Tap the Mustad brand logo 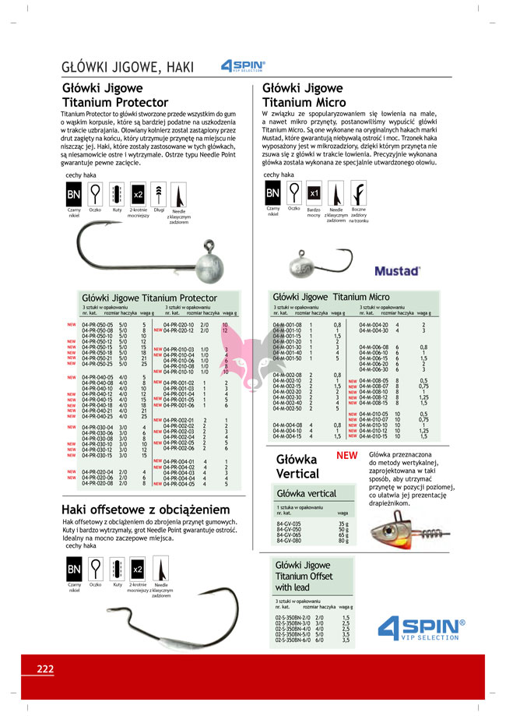[397, 271]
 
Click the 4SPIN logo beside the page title [244, 66]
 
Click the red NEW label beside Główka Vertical [346, 455]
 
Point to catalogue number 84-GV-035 [288, 524]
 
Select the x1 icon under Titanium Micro [314, 192]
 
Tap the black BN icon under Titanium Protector [73, 194]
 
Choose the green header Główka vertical [307, 493]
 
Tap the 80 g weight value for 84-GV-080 [343, 540]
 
